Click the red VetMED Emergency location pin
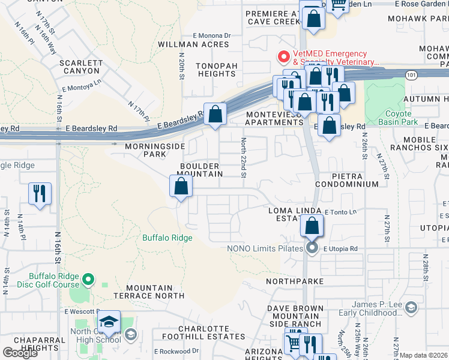coord(283,58)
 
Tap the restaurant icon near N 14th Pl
coord(40,194)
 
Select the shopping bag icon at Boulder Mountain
coord(181,187)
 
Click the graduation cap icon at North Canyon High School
coord(108,323)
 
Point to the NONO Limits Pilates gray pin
coord(312,248)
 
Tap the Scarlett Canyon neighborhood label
coord(78,67)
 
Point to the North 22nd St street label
coord(244,157)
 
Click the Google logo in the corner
coord(20,353)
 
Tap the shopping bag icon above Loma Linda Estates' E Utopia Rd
coord(312,227)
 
